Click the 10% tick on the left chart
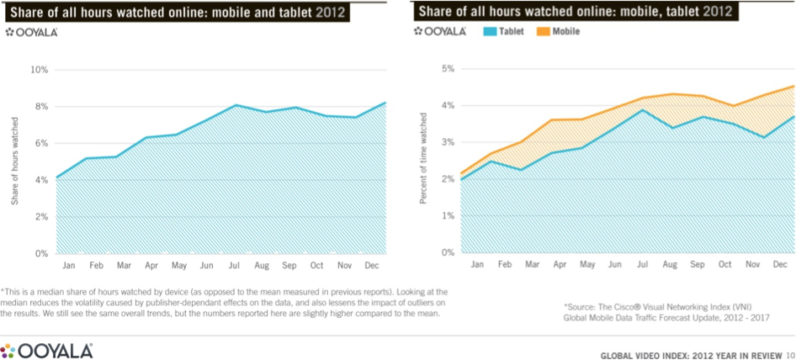pos(38,69)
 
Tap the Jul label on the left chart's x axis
pos(235,265)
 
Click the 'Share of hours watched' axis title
pos(14,161)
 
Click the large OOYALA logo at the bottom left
pos(47,350)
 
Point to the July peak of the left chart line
pos(236,105)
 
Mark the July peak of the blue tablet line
pos(643,110)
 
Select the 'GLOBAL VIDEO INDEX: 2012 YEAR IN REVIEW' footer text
pos(690,355)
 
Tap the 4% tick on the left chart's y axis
pos(40,179)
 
